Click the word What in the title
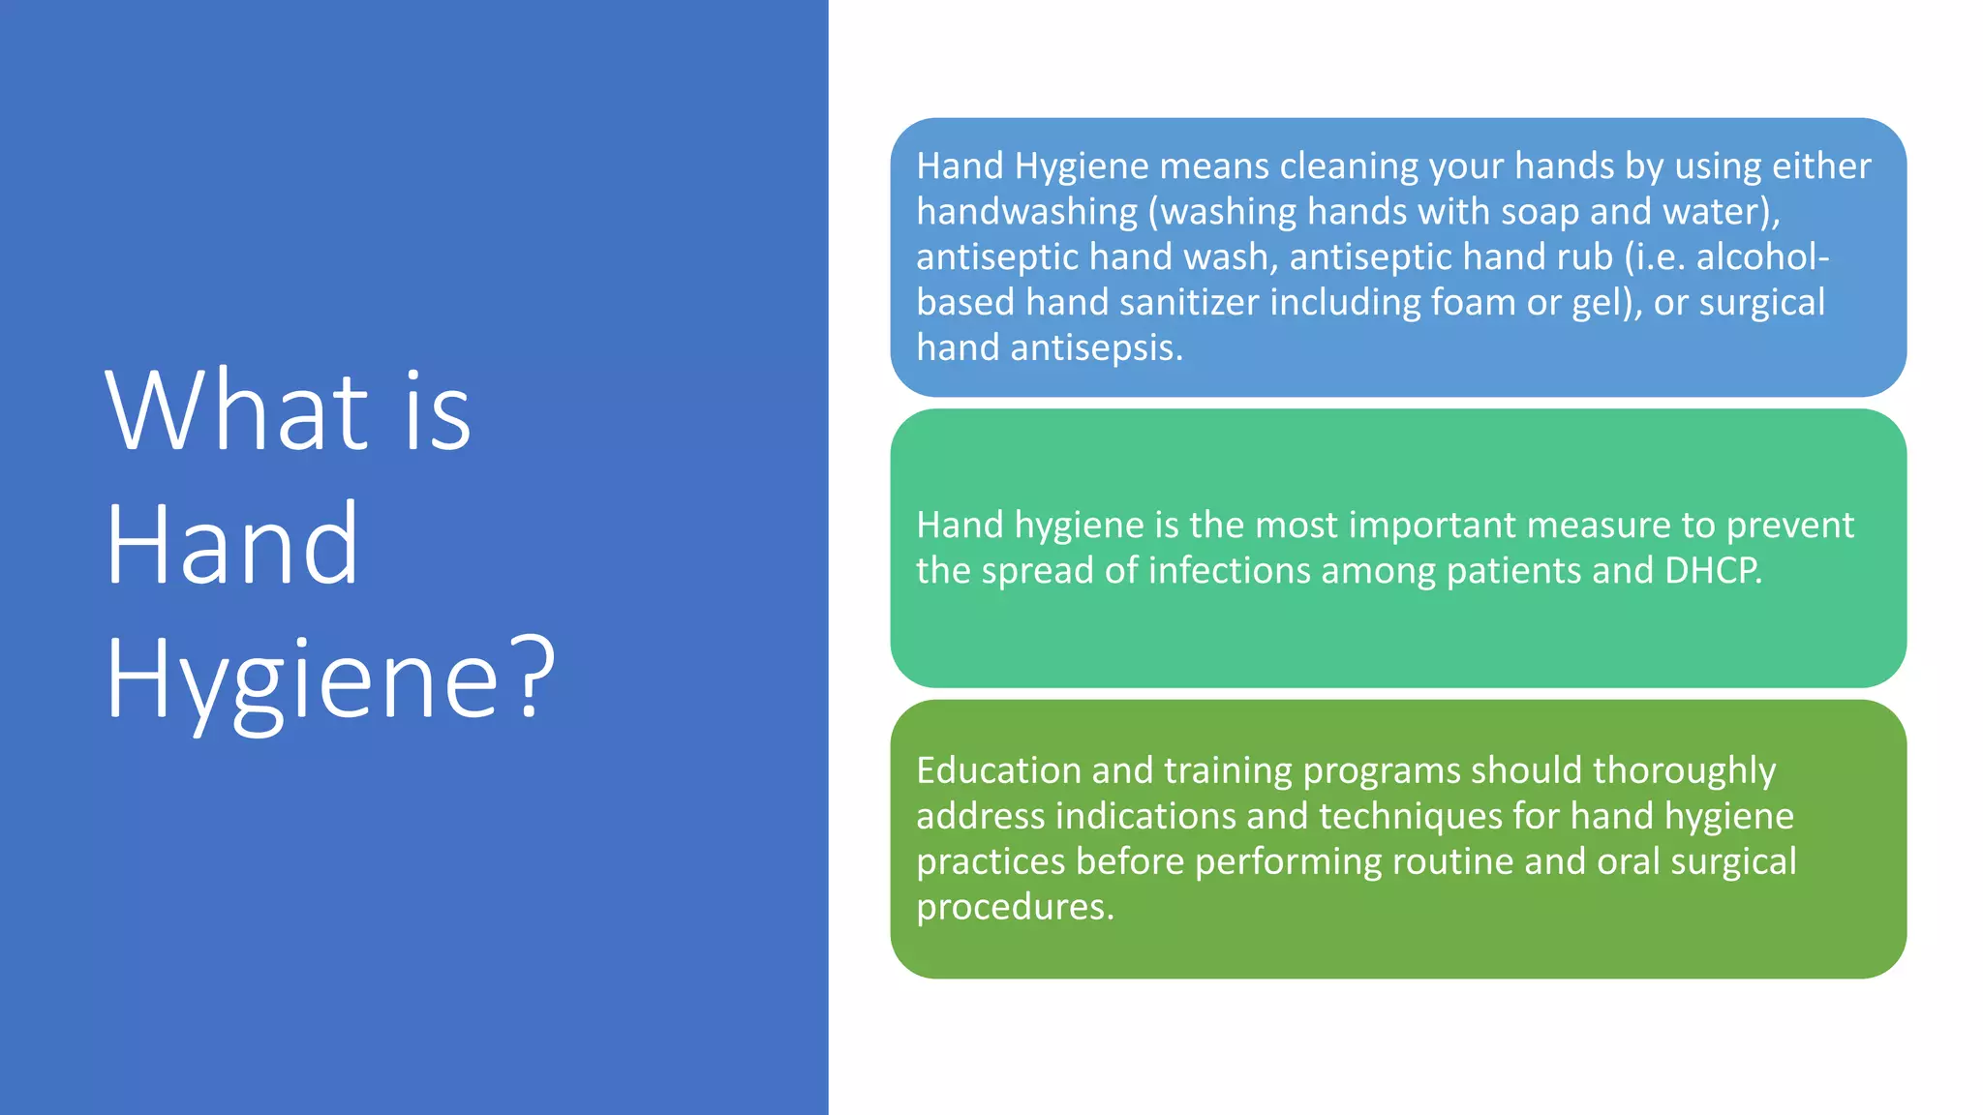coord(237,410)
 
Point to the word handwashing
coord(1027,212)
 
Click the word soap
coord(1531,212)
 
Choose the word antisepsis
coord(1096,348)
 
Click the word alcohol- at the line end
coord(1762,257)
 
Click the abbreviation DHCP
coord(1713,571)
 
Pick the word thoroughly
coord(1684,770)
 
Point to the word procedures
coord(1015,907)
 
